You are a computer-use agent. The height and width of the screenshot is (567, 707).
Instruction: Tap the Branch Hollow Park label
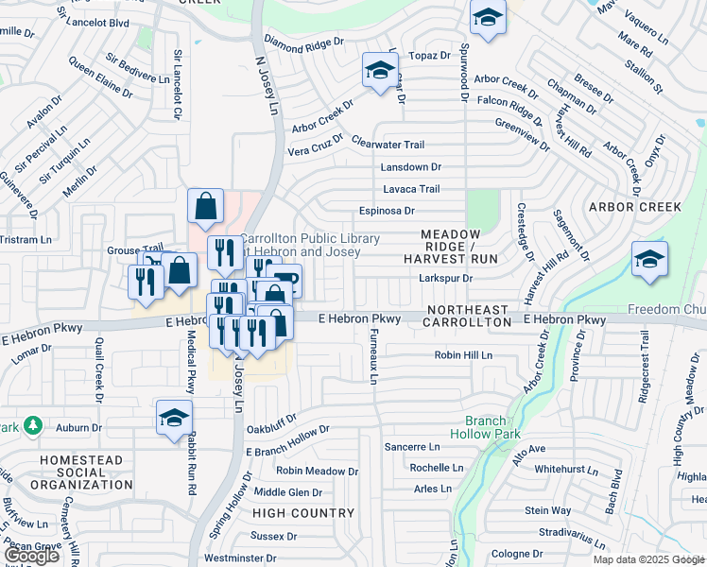click(493, 428)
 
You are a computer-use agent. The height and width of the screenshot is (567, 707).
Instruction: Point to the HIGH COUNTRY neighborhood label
click(303, 513)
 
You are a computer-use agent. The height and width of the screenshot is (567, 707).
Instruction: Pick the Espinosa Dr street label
click(387, 211)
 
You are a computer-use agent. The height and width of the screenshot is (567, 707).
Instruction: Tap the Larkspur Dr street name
click(445, 278)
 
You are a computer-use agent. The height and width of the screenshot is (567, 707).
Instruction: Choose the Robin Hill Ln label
click(463, 355)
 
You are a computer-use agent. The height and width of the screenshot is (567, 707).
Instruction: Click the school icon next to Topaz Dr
click(380, 71)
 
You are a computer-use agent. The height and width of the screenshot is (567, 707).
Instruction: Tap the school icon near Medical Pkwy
click(174, 418)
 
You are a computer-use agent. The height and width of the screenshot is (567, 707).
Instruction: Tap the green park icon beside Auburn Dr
click(33, 426)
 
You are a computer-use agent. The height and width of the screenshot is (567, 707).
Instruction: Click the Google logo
click(32, 556)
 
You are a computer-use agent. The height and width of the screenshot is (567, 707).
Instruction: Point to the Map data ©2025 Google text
click(648, 559)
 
